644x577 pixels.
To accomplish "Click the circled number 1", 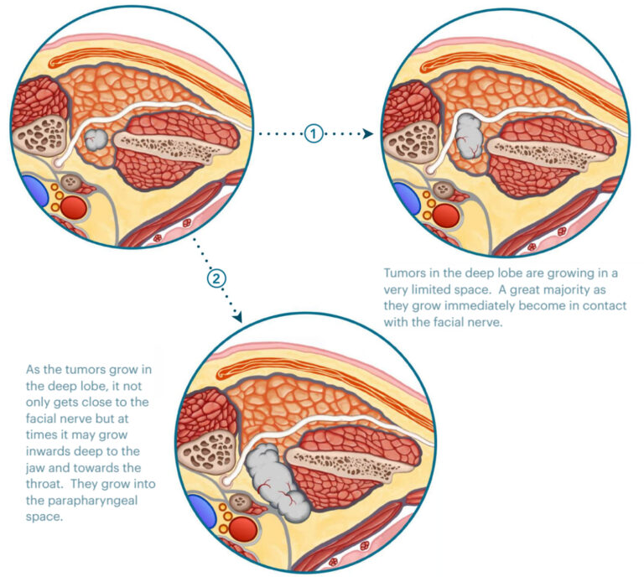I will point(313,133).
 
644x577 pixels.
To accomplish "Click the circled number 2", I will point(216,278).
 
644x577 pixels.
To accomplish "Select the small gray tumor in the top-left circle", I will point(98,139).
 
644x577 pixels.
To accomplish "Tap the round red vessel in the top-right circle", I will point(446,215).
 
